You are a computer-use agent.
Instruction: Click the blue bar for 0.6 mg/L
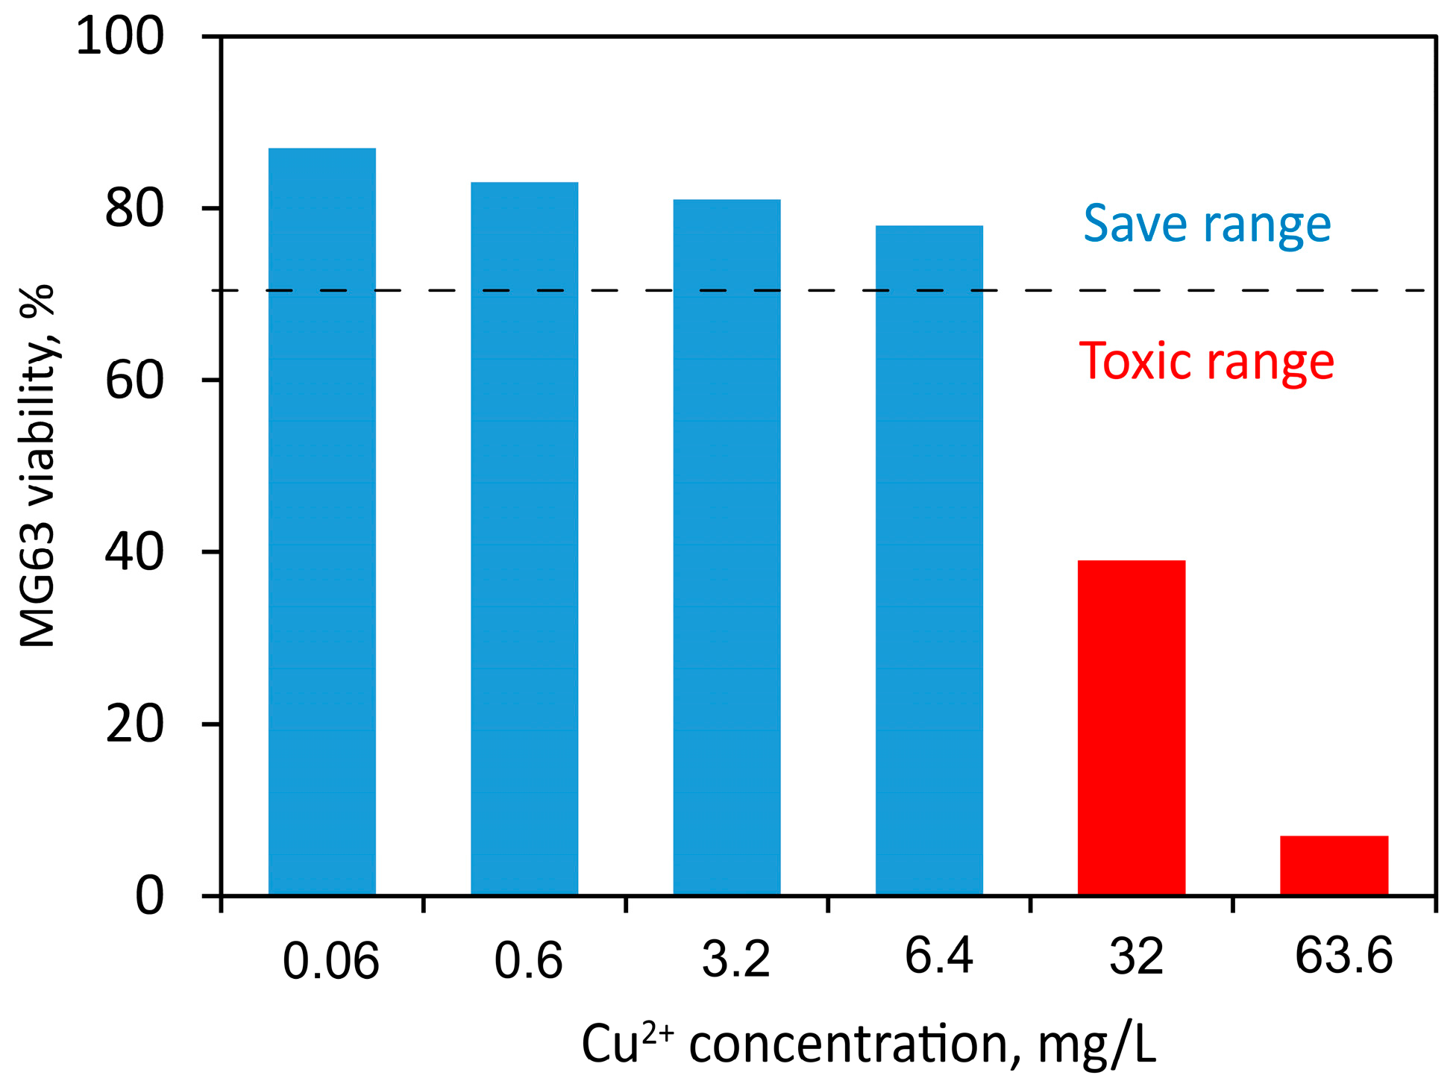524,537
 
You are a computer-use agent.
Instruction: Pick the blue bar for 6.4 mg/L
929,560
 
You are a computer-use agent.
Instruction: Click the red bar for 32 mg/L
1131,727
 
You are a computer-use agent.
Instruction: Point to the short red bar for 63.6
1334,865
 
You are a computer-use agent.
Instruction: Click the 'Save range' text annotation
1207,224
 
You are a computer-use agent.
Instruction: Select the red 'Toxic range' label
1206,362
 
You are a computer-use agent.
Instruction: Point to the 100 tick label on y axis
120,36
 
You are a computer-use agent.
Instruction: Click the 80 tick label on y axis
134,208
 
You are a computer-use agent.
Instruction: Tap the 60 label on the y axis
134,380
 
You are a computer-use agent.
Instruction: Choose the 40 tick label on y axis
134,552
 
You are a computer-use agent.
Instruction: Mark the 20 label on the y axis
134,724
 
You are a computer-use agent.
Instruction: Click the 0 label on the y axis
149,895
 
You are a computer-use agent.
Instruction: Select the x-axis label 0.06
330,961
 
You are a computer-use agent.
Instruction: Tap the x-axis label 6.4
938,956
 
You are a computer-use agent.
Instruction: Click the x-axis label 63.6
1343,956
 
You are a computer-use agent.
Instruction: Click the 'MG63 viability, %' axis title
37,466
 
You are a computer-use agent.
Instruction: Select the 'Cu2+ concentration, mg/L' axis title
868,1044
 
